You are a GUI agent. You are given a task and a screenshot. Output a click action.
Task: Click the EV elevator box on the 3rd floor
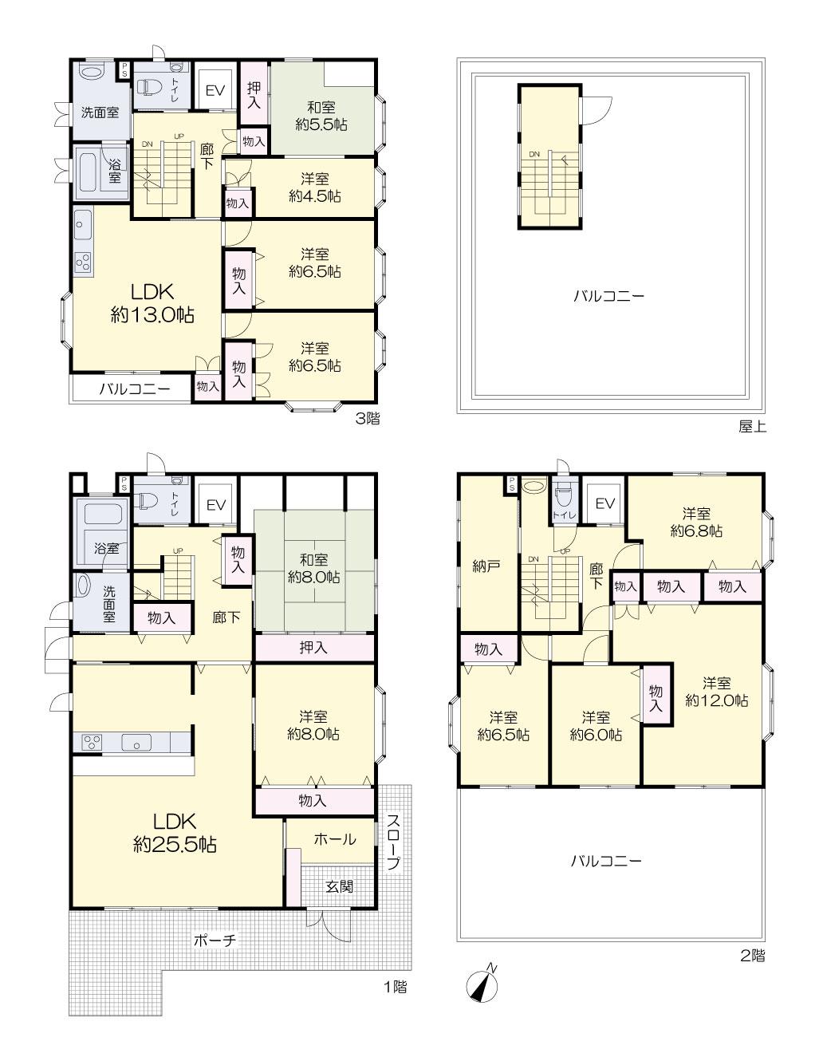coord(215,90)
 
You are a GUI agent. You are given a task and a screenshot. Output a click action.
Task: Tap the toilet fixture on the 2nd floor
coord(565,497)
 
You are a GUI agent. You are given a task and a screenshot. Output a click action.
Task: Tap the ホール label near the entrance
coord(335,839)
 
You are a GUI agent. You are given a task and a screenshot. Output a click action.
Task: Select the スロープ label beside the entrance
coord(394,842)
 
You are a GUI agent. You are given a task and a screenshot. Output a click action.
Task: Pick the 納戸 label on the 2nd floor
coord(486,566)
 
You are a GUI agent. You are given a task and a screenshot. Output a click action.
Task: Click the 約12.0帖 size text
coord(716,700)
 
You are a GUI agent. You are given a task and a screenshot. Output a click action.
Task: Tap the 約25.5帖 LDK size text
coord(175,844)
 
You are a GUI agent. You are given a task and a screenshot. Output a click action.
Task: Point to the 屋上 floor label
coord(752,427)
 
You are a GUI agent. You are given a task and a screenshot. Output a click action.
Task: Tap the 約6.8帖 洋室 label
coord(696,522)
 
